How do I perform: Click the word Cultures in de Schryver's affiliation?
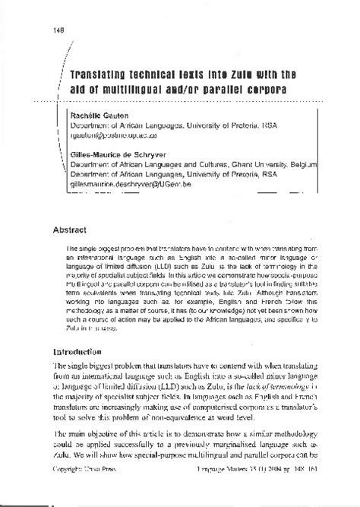(212, 163)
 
